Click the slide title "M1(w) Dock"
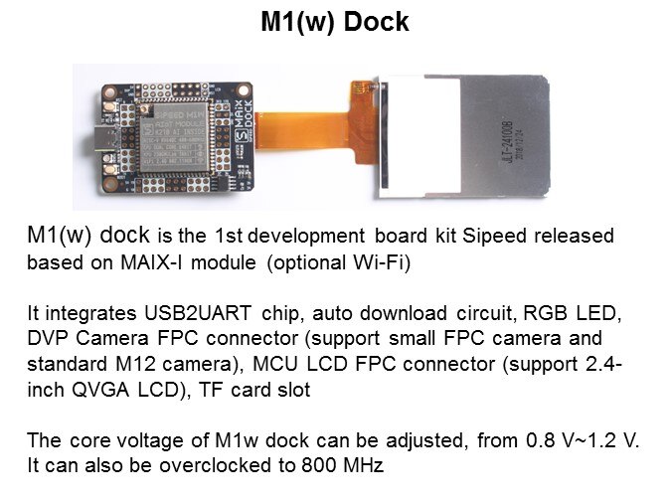click(x=335, y=22)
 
